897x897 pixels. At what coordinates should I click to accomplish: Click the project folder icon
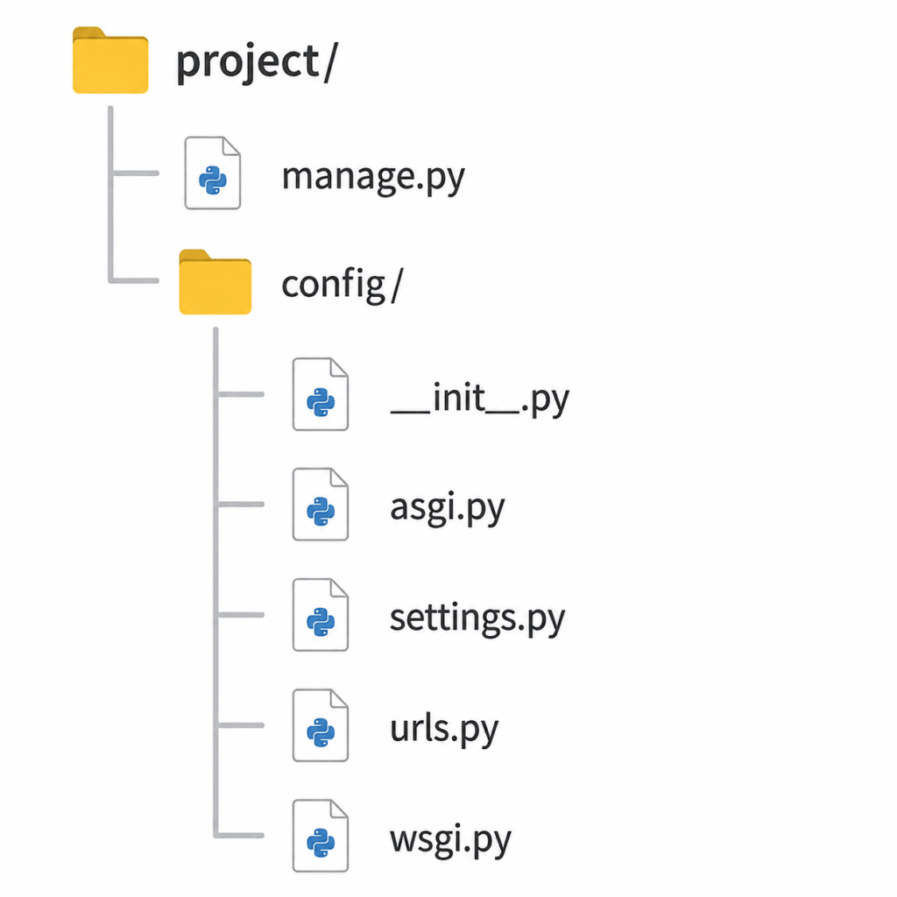point(110,60)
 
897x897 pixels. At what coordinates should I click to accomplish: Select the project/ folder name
point(257,62)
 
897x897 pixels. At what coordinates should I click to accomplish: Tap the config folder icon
point(215,282)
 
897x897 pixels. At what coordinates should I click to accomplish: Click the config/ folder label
point(343,284)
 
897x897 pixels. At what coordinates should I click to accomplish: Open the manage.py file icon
point(212,173)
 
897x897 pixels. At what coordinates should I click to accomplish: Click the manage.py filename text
point(373,177)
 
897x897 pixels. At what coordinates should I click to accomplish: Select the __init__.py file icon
point(321,394)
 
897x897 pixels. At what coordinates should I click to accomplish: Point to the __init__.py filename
point(479,399)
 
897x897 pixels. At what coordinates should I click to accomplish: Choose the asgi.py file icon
point(321,504)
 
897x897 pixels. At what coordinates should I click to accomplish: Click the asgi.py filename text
point(448,508)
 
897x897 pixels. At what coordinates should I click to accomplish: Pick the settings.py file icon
point(321,614)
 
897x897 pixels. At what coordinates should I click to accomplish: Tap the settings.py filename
point(477,618)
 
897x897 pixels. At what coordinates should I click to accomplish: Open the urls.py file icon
point(321,724)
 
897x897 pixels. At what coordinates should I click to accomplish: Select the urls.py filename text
point(444,729)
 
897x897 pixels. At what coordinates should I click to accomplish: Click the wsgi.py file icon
point(321,835)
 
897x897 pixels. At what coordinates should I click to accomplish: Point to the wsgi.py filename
point(450,840)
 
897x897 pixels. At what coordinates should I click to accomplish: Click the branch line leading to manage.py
point(135,173)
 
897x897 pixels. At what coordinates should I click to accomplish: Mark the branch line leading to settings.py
point(240,615)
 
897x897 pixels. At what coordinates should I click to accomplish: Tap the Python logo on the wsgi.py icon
point(321,843)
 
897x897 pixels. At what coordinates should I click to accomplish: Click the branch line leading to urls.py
point(240,725)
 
